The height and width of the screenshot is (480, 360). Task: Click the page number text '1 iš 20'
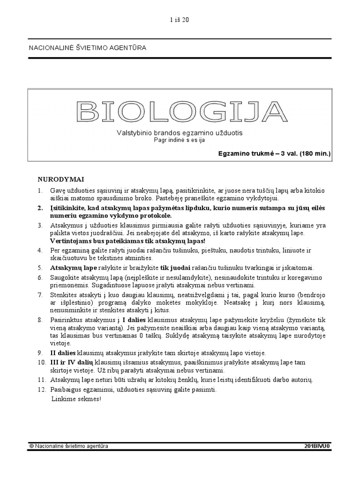coord(179,20)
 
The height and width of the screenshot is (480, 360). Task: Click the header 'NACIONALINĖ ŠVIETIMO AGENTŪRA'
coord(88,48)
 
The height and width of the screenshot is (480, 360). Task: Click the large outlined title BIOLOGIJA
coord(181,111)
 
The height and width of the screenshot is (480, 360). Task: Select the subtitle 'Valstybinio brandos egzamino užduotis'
coord(180,133)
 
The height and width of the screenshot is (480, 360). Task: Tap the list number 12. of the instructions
coord(42,390)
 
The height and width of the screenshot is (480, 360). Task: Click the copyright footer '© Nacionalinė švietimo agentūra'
coord(68,446)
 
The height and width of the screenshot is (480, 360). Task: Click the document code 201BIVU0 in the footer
coord(317,446)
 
